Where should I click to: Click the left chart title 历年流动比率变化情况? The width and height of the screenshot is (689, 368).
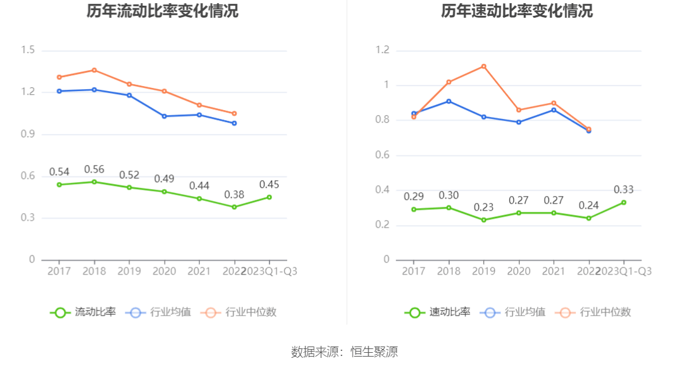click(x=163, y=11)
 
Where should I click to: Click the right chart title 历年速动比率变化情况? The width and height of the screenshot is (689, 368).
click(x=517, y=11)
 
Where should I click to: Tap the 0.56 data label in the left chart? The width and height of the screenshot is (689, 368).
click(x=94, y=169)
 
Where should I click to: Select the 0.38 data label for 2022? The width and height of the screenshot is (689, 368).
click(x=234, y=194)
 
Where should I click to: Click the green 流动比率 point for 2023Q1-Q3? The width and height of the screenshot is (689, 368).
click(x=269, y=197)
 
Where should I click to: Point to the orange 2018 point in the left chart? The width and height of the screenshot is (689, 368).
click(x=94, y=70)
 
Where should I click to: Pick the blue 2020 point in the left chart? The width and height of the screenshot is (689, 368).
click(x=164, y=116)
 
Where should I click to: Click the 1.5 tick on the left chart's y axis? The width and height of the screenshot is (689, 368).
click(x=27, y=51)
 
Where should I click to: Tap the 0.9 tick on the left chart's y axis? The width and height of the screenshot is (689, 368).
click(x=27, y=134)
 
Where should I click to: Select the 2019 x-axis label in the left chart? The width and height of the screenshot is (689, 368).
click(x=129, y=271)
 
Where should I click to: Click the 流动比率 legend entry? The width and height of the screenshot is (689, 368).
click(x=83, y=312)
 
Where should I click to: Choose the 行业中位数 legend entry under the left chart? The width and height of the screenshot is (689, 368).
click(x=239, y=312)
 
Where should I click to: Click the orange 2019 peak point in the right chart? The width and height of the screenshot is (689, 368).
click(x=484, y=66)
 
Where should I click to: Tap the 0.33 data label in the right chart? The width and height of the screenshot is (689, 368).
click(x=624, y=190)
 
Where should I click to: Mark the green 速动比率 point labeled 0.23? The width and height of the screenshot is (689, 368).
click(x=484, y=220)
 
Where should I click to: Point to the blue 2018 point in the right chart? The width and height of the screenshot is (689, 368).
click(x=449, y=101)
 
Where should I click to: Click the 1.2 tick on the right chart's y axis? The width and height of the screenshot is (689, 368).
click(x=382, y=51)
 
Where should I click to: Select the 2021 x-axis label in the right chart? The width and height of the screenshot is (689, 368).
click(x=554, y=271)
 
